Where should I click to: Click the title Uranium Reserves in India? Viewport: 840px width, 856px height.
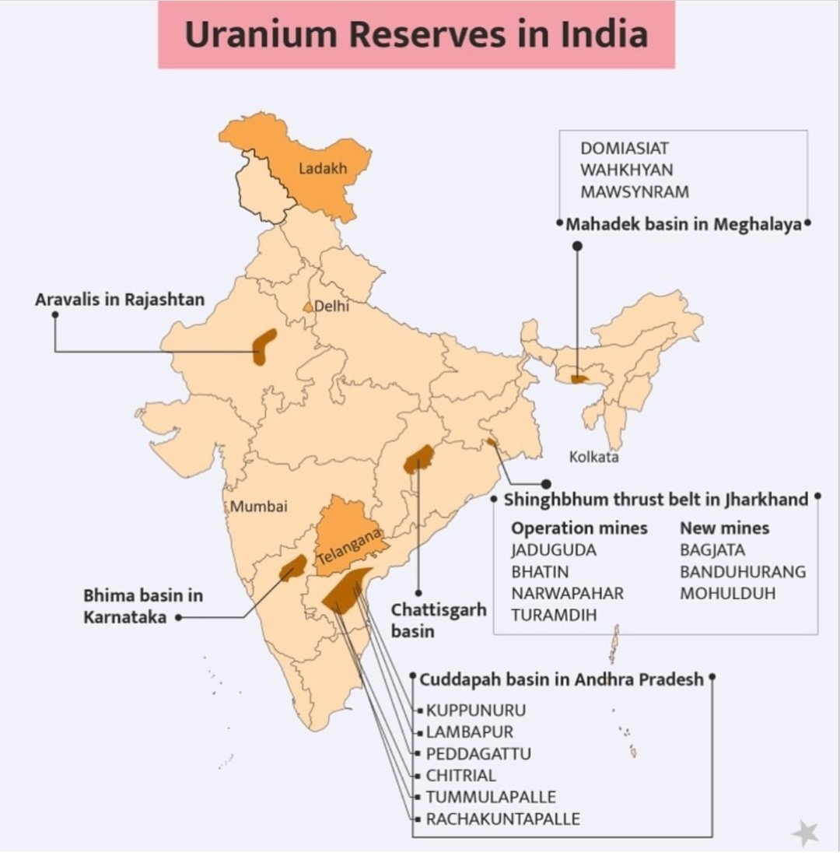tap(416, 34)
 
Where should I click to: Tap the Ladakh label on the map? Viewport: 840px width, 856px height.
tap(322, 168)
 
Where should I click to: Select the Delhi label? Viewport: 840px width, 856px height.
tap(331, 307)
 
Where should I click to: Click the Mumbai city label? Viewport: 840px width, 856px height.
tap(259, 507)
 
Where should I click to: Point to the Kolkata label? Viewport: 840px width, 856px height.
tap(593, 457)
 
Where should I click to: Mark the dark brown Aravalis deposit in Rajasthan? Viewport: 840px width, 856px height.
tap(264, 346)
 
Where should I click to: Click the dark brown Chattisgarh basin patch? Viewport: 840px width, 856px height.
tap(418, 459)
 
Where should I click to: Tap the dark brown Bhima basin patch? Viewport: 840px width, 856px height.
tap(292, 569)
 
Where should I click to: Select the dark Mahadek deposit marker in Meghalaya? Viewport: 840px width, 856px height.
tap(579, 379)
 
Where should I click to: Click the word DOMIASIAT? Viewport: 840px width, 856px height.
tap(625, 148)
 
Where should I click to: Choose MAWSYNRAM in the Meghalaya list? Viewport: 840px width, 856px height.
tap(635, 191)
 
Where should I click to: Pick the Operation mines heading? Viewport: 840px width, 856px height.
tap(579, 528)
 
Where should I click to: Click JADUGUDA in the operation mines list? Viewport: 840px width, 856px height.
tap(554, 550)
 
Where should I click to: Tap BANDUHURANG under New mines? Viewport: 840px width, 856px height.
tap(743, 572)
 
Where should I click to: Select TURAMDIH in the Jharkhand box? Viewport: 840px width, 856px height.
tap(554, 615)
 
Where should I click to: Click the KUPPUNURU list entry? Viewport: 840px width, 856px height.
tap(476, 710)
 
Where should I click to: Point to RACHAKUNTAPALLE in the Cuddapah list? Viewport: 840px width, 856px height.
tap(502, 819)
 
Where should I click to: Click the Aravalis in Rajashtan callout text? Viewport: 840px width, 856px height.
tap(120, 299)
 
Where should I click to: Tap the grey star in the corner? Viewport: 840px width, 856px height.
tap(805, 833)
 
